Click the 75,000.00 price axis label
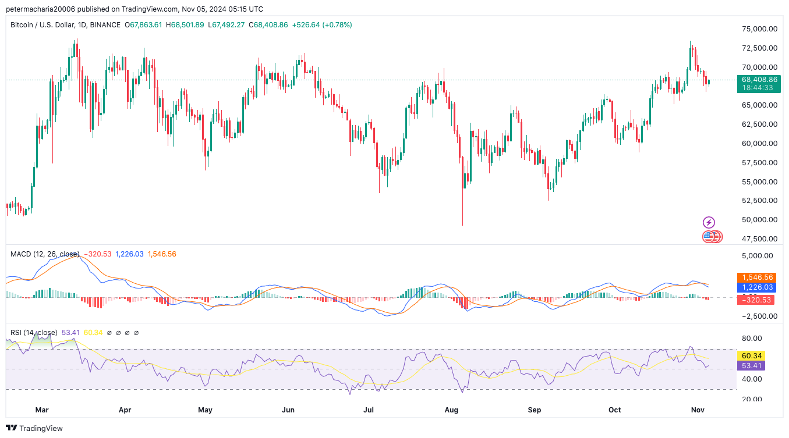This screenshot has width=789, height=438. coord(758,29)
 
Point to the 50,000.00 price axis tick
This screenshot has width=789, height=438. coord(758,220)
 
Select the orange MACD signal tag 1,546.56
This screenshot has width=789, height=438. coord(757,278)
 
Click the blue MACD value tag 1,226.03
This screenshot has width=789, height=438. coord(757,287)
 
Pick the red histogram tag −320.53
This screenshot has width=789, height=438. coord(757,300)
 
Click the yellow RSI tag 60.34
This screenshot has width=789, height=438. coord(751,355)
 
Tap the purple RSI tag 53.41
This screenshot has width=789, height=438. coord(751,366)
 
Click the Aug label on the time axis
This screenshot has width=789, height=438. coord(451,410)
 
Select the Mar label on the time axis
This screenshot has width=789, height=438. coord(41,410)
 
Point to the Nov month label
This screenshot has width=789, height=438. coord(697,410)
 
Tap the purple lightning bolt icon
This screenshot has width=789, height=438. coord(709,222)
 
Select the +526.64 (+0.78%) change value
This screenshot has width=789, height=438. coord(322,25)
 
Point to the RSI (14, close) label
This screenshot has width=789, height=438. coord(34,333)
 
